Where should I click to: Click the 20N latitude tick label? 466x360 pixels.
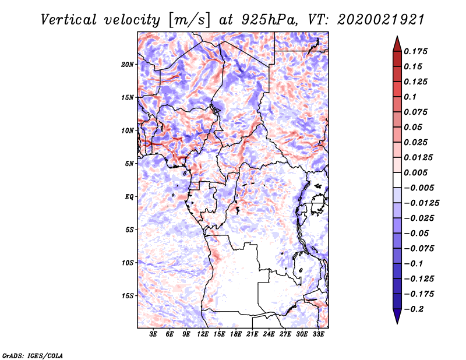tap(128, 64)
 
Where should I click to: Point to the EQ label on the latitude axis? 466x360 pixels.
tap(129, 197)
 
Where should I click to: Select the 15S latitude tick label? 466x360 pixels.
tap(128, 296)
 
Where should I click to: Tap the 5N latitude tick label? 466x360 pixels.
tap(129, 164)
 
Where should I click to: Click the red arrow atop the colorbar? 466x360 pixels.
tap(397, 43)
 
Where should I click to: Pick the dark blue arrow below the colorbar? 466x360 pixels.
tap(397, 316)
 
